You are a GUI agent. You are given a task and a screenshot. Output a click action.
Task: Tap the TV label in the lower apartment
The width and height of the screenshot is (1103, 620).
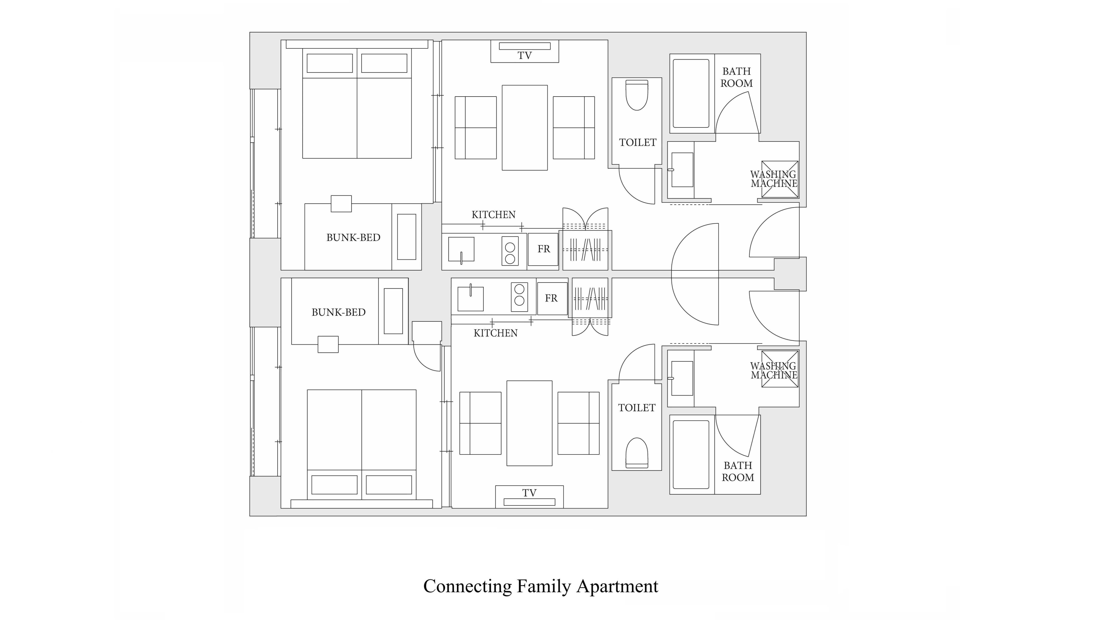coord(529,493)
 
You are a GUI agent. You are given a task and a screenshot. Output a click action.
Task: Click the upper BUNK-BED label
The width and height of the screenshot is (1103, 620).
coord(353,237)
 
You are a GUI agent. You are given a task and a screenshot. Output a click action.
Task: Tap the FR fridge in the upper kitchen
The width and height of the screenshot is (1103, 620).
coord(543,249)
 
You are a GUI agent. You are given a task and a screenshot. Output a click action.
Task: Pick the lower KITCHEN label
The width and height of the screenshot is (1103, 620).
coord(495,333)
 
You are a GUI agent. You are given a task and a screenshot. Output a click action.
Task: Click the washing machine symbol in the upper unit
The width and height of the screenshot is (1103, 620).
coord(780,179)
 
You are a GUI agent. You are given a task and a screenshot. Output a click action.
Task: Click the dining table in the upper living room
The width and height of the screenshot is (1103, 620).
coord(524,128)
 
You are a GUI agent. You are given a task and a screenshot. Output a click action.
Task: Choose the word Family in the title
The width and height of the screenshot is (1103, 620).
coord(543,586)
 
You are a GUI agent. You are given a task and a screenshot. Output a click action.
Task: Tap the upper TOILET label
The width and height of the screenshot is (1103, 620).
coord(638,143)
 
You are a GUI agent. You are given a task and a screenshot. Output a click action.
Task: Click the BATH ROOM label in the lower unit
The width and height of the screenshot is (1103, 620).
coord(738,471)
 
